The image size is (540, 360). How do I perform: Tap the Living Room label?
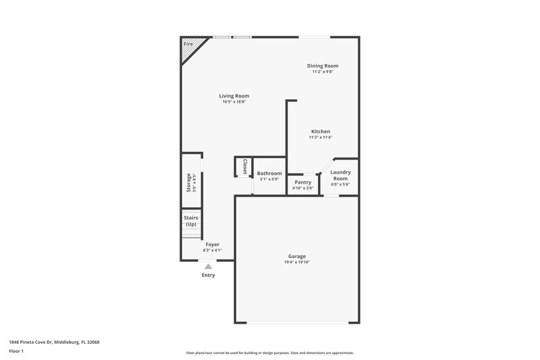click(234, 96)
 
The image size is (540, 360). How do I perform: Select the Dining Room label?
click(323, 66)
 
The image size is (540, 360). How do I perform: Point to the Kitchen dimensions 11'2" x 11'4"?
click(321, 137)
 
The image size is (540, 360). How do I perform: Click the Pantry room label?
click(303, 182)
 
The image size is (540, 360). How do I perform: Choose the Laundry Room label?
click(340, 175)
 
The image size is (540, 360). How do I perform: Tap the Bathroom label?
click(269, 173)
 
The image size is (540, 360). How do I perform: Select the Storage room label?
click(189, 183)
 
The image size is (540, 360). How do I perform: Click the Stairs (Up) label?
click(191, 221)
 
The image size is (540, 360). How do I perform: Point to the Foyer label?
click(212, 245)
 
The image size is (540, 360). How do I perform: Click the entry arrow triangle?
click(208, 266)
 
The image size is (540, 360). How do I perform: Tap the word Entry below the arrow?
click(208, 275)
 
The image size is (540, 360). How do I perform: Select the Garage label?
click(297, 256)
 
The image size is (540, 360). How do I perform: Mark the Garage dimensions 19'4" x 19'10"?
click(297, 262)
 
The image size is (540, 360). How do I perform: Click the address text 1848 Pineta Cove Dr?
click(54, 342)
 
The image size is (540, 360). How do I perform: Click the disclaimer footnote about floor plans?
click(270, 353)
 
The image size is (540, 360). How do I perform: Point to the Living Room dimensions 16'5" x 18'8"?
click(234, 102)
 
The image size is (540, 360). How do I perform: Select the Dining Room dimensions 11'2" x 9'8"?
click(323, 72)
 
